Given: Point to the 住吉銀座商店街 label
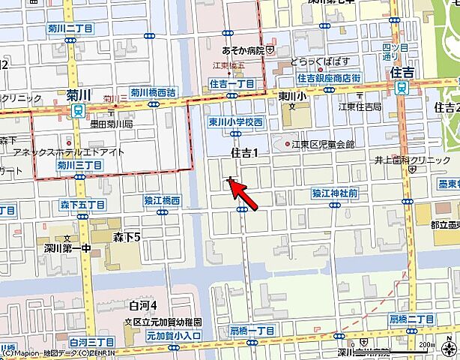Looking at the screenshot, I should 328,78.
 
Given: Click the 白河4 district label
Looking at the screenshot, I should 142,305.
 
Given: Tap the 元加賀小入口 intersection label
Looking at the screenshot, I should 174,337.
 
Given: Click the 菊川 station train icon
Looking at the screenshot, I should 77,110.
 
